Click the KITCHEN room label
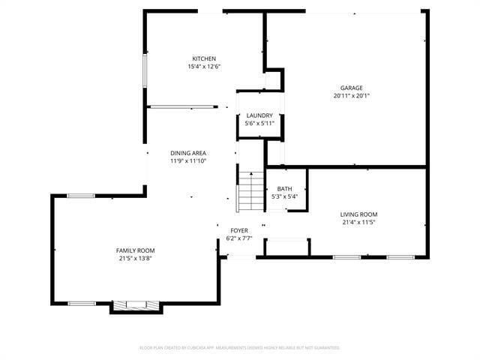pos(204,58)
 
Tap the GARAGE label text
pos(352,88)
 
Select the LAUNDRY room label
pos(259,115)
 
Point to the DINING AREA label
pos(187,153)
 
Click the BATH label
pos(284,189)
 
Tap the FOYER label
pos(239,231)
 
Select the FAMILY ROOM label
pos(135,250)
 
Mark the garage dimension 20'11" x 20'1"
pos(352,96)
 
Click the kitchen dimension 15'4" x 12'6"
pos(204,67)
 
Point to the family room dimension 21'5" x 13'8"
pos(135,259)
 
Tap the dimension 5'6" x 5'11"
pos(259,123)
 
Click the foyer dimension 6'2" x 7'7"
pos(239,238)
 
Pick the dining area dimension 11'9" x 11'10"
pos(187,160)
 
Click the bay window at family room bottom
pos(136,306)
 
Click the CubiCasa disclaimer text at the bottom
pos(240,348)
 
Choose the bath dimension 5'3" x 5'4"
pos(284,196)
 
